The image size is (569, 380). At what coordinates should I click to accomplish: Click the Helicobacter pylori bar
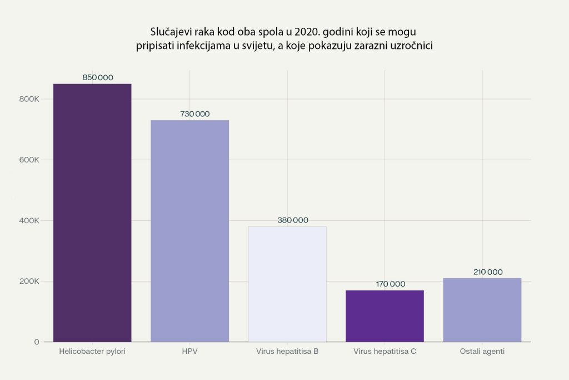pos(92,213)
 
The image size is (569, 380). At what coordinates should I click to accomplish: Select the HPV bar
pos(189,231)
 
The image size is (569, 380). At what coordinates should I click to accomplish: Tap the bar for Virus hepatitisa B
pos(287,284)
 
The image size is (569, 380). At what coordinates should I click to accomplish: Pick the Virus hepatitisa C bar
pos(385,315)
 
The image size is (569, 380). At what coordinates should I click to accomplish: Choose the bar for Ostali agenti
pos(482,309)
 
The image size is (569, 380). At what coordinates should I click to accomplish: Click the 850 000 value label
pos(98,78)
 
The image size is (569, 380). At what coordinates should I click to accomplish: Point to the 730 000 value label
pos(195,114)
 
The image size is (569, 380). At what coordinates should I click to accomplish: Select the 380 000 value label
pos(293,220)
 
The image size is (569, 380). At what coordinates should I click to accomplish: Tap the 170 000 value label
pos(391,284)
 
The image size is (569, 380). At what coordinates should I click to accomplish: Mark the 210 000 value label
pos(487,272)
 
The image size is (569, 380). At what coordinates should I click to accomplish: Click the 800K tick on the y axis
pos(28,99)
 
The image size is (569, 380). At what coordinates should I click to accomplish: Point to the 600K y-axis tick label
pos(28,160)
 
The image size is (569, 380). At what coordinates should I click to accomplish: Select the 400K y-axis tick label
pos(28,220)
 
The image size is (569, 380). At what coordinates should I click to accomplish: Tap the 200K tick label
pos(28,281)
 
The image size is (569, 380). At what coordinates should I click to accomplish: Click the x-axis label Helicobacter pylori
pos(92,352)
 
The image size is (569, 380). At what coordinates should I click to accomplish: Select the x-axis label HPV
pos(189,352)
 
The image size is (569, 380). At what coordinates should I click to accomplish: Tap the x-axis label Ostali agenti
pos(482,352)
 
